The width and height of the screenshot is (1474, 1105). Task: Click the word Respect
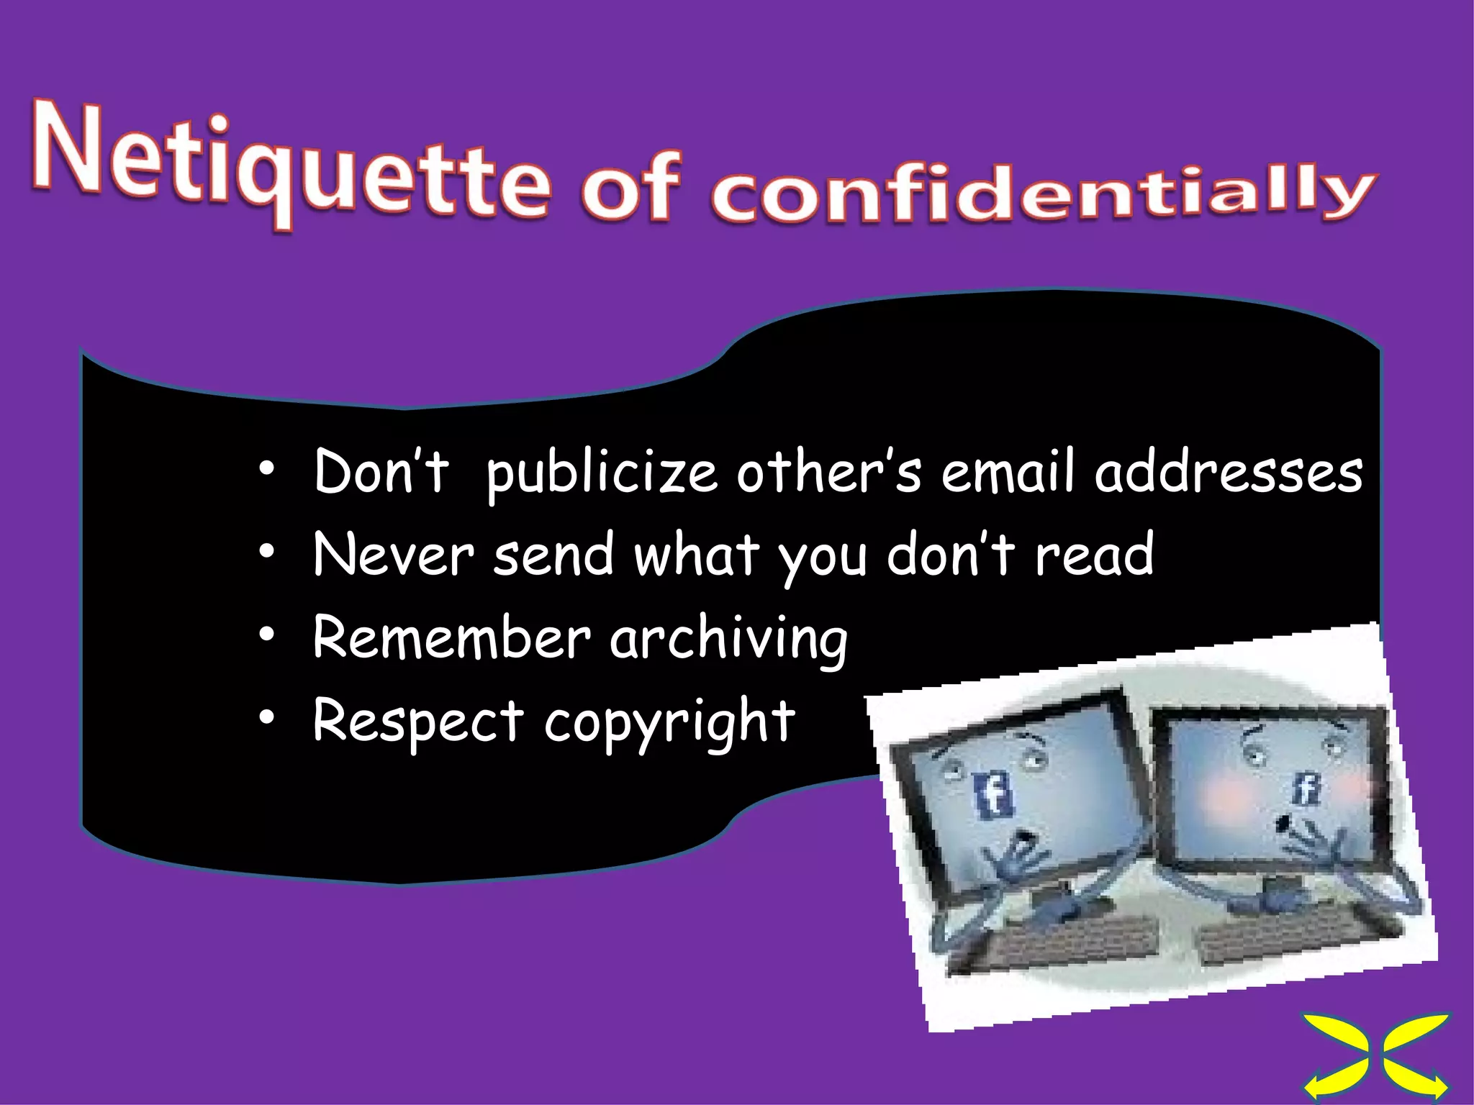click(418, 721)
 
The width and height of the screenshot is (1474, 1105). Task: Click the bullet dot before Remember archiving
click(267, 635)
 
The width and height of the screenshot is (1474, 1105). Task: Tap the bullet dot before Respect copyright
click(267, 717)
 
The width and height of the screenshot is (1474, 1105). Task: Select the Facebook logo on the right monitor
click(1305, 789)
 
